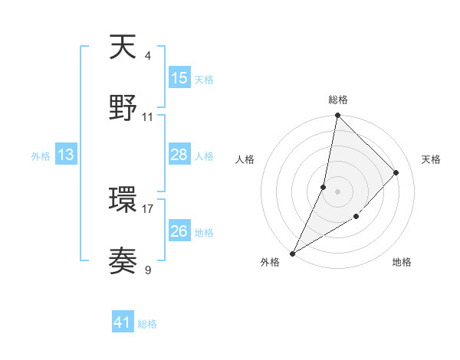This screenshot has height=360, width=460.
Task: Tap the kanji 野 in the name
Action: [123, 109]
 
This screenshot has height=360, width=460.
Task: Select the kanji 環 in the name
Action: [123, 201]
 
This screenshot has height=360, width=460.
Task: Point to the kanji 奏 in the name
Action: [123, 262]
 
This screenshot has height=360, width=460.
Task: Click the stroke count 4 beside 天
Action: [147, 55]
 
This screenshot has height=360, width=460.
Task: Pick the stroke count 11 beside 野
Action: [148, 117]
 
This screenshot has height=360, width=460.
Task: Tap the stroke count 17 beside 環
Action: [148, 208]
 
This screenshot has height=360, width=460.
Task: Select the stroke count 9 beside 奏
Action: [147, 270]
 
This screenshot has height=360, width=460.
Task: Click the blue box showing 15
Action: [179, 78]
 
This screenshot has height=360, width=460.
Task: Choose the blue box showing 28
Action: [179, 155]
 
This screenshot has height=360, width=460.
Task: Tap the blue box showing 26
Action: [179, 231]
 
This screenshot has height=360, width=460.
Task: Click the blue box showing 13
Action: [66, 155]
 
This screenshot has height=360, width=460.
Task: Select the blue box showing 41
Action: [123, 323]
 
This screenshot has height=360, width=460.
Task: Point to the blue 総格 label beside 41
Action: [147, 324]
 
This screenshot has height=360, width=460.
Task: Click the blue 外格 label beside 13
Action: [41, 155]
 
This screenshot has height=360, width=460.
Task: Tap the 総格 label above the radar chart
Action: [337, 100]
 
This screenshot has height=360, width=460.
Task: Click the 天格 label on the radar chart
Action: [431, 159]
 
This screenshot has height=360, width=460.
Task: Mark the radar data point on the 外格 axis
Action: [292, 254]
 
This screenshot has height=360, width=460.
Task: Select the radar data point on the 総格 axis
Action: [337, 116]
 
